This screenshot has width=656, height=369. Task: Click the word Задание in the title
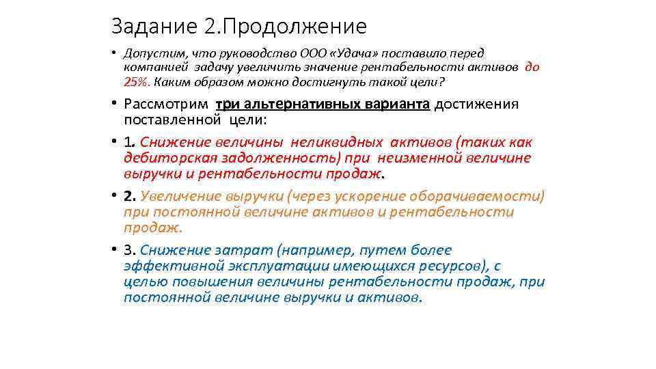[154, 27]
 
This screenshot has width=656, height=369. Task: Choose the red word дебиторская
[165, 158]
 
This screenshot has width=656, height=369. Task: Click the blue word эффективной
[165, 266]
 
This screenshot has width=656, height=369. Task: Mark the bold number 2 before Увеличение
[128, 197]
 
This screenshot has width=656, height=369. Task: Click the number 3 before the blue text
[128, 250]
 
